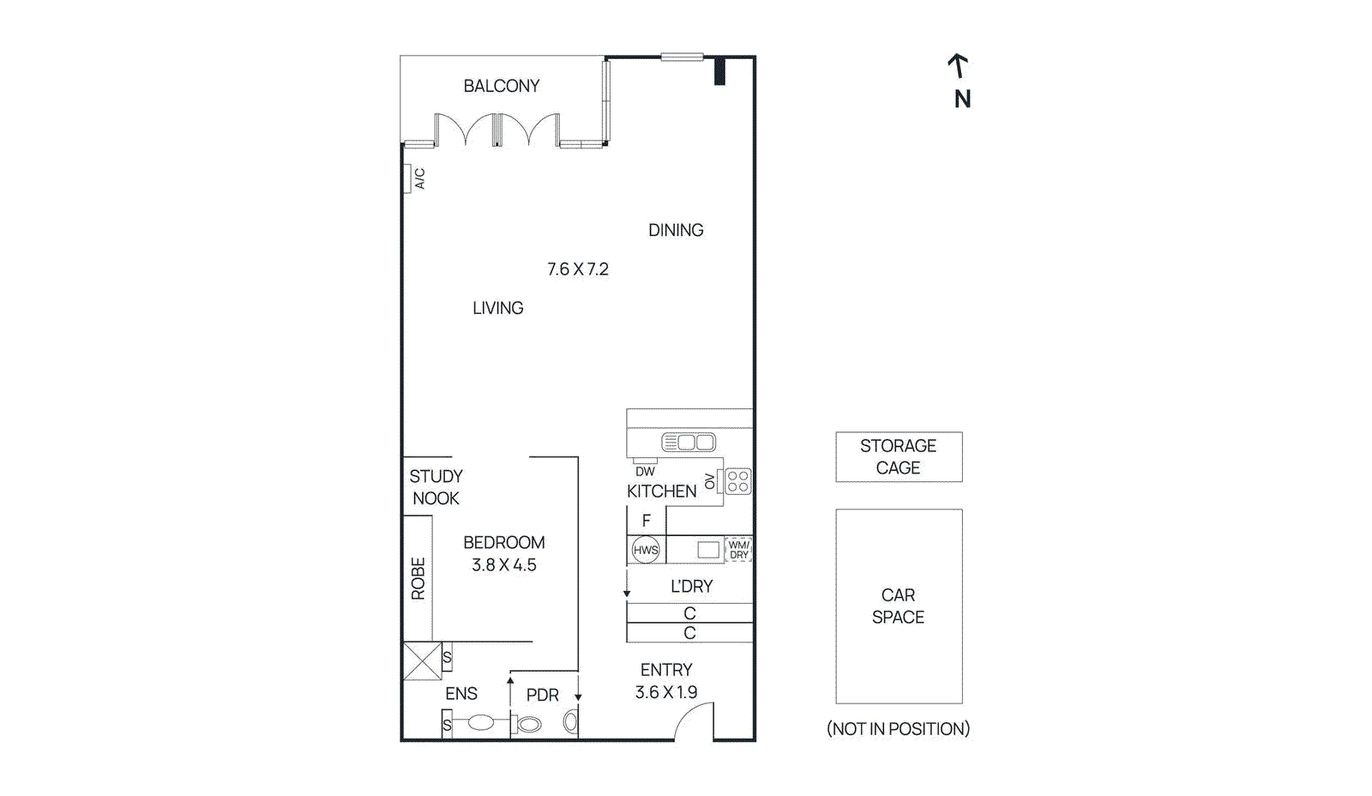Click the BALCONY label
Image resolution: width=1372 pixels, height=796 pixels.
tap(502, 86)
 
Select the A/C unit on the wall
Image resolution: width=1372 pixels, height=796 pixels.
tap(408, 178)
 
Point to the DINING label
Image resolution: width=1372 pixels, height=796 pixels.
tap(676, 230)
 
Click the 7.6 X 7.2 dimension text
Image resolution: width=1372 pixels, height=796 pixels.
tap(578, 269)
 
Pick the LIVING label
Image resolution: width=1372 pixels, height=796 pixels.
tap(498, 308)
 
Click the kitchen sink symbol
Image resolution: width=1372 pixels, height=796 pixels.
tap(688, 443)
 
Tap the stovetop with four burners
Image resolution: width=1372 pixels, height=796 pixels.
tap(737, 481)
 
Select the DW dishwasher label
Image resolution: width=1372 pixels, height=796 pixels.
tap(645, 472)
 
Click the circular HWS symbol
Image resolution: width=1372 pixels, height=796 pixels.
tap(646, 550)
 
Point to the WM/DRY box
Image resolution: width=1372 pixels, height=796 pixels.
tap(738, 550)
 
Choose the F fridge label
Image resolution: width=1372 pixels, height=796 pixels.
tap(647, 521)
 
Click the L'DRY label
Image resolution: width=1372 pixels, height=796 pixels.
tap(691, 587)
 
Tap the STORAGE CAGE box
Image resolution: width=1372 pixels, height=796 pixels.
tap(899, 457)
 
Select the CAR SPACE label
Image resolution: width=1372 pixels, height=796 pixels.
tap(898, 606)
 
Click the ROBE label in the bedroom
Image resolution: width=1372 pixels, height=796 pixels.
tap(418, 578)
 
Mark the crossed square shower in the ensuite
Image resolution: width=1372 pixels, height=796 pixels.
tap(422, 661)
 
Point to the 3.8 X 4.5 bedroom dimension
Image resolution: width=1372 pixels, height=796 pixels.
tap(504, 565)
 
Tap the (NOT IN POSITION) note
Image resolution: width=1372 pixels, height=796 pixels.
tap(898, 729)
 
